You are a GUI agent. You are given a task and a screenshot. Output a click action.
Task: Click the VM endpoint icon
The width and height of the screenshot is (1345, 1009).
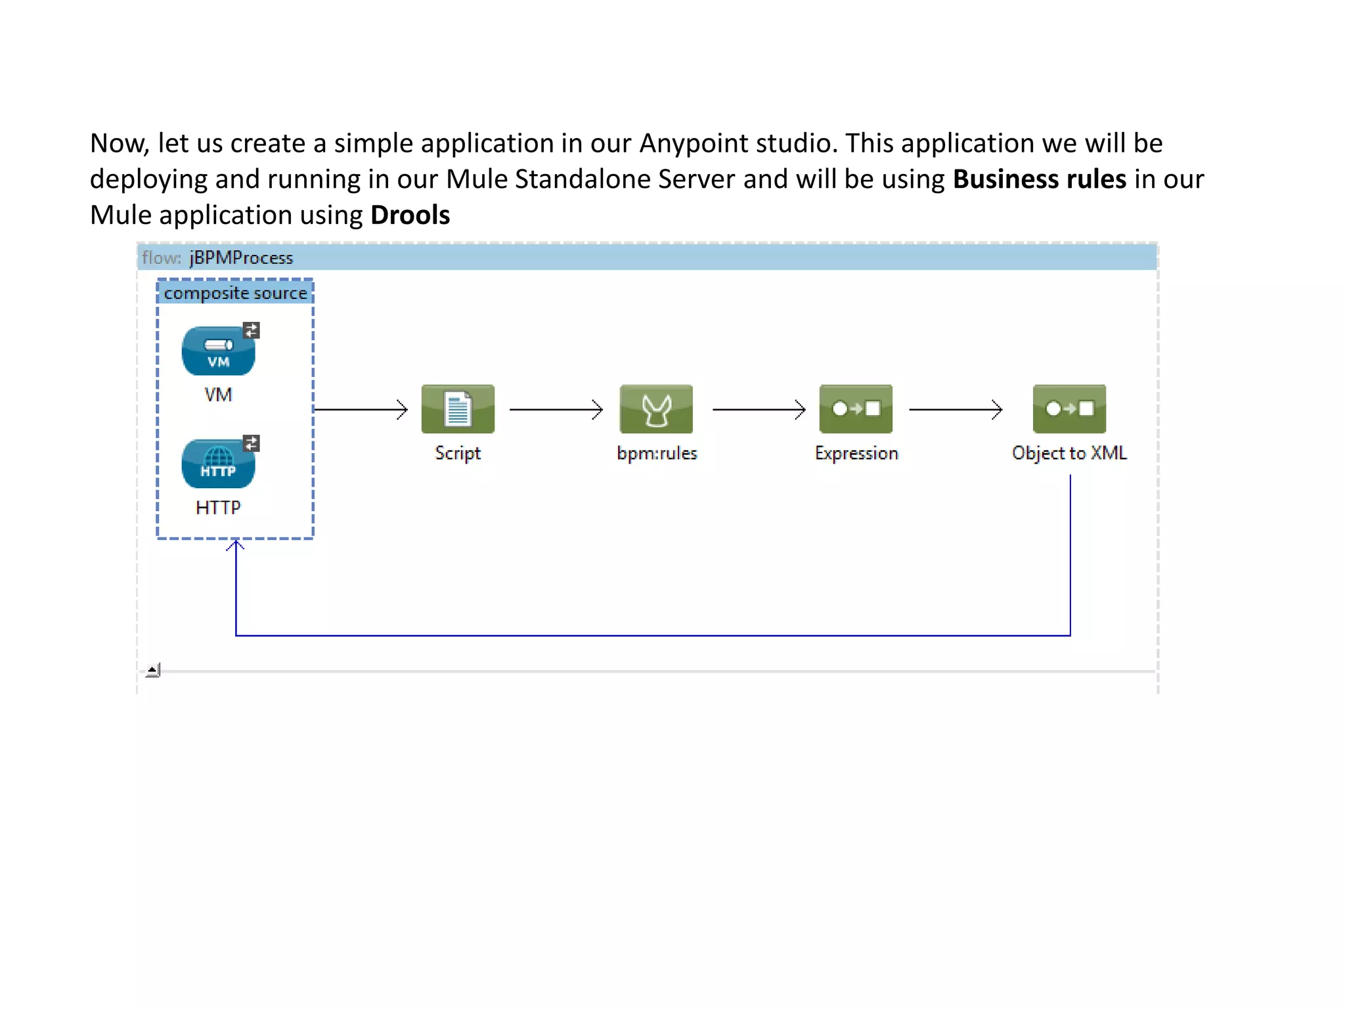(218, 351)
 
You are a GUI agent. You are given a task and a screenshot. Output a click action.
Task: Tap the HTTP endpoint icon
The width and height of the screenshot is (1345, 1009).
(218, 464)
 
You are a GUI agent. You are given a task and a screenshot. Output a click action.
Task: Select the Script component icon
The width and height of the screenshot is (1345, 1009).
(458, 409)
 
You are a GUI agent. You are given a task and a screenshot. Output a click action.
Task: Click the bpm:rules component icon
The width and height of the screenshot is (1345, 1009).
(656, 409)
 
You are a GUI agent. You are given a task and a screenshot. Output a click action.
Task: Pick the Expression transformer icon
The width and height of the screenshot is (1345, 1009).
(856, 409)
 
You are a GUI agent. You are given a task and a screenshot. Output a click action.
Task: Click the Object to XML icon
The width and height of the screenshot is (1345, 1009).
(1069, 409)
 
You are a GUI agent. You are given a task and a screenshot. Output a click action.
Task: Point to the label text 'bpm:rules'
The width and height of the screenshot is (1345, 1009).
(657, 453)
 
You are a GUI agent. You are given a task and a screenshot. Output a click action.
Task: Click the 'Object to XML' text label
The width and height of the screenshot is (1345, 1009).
(1069, 453)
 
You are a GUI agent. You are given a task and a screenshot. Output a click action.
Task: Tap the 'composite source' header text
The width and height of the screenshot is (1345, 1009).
(235, 293)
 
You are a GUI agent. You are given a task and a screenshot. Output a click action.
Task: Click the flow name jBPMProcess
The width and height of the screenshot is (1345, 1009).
(241, 258)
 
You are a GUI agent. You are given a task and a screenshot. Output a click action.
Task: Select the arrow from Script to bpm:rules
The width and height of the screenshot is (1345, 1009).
(556, 409)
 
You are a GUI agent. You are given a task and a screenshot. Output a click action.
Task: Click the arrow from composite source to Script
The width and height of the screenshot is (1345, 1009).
(361, 409)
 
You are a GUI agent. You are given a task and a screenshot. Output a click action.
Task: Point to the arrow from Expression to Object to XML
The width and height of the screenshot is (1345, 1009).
(956, 409)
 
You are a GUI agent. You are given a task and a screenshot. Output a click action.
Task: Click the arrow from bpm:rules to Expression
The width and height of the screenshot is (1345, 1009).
(759, 409)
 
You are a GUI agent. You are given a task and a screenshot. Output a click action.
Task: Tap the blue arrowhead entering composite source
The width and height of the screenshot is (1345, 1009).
(235, 545)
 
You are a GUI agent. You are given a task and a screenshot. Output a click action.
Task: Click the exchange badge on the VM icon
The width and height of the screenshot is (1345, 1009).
(252, 330)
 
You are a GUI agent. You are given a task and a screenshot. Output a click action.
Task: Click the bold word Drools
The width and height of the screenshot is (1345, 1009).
(410, 215)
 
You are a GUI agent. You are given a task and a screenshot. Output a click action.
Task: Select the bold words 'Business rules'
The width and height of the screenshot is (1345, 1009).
(1039, 179)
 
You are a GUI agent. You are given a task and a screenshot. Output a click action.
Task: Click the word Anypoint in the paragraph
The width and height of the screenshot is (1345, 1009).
(694, 143)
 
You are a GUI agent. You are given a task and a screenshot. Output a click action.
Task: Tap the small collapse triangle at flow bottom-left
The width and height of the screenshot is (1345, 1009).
(152, 670)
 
